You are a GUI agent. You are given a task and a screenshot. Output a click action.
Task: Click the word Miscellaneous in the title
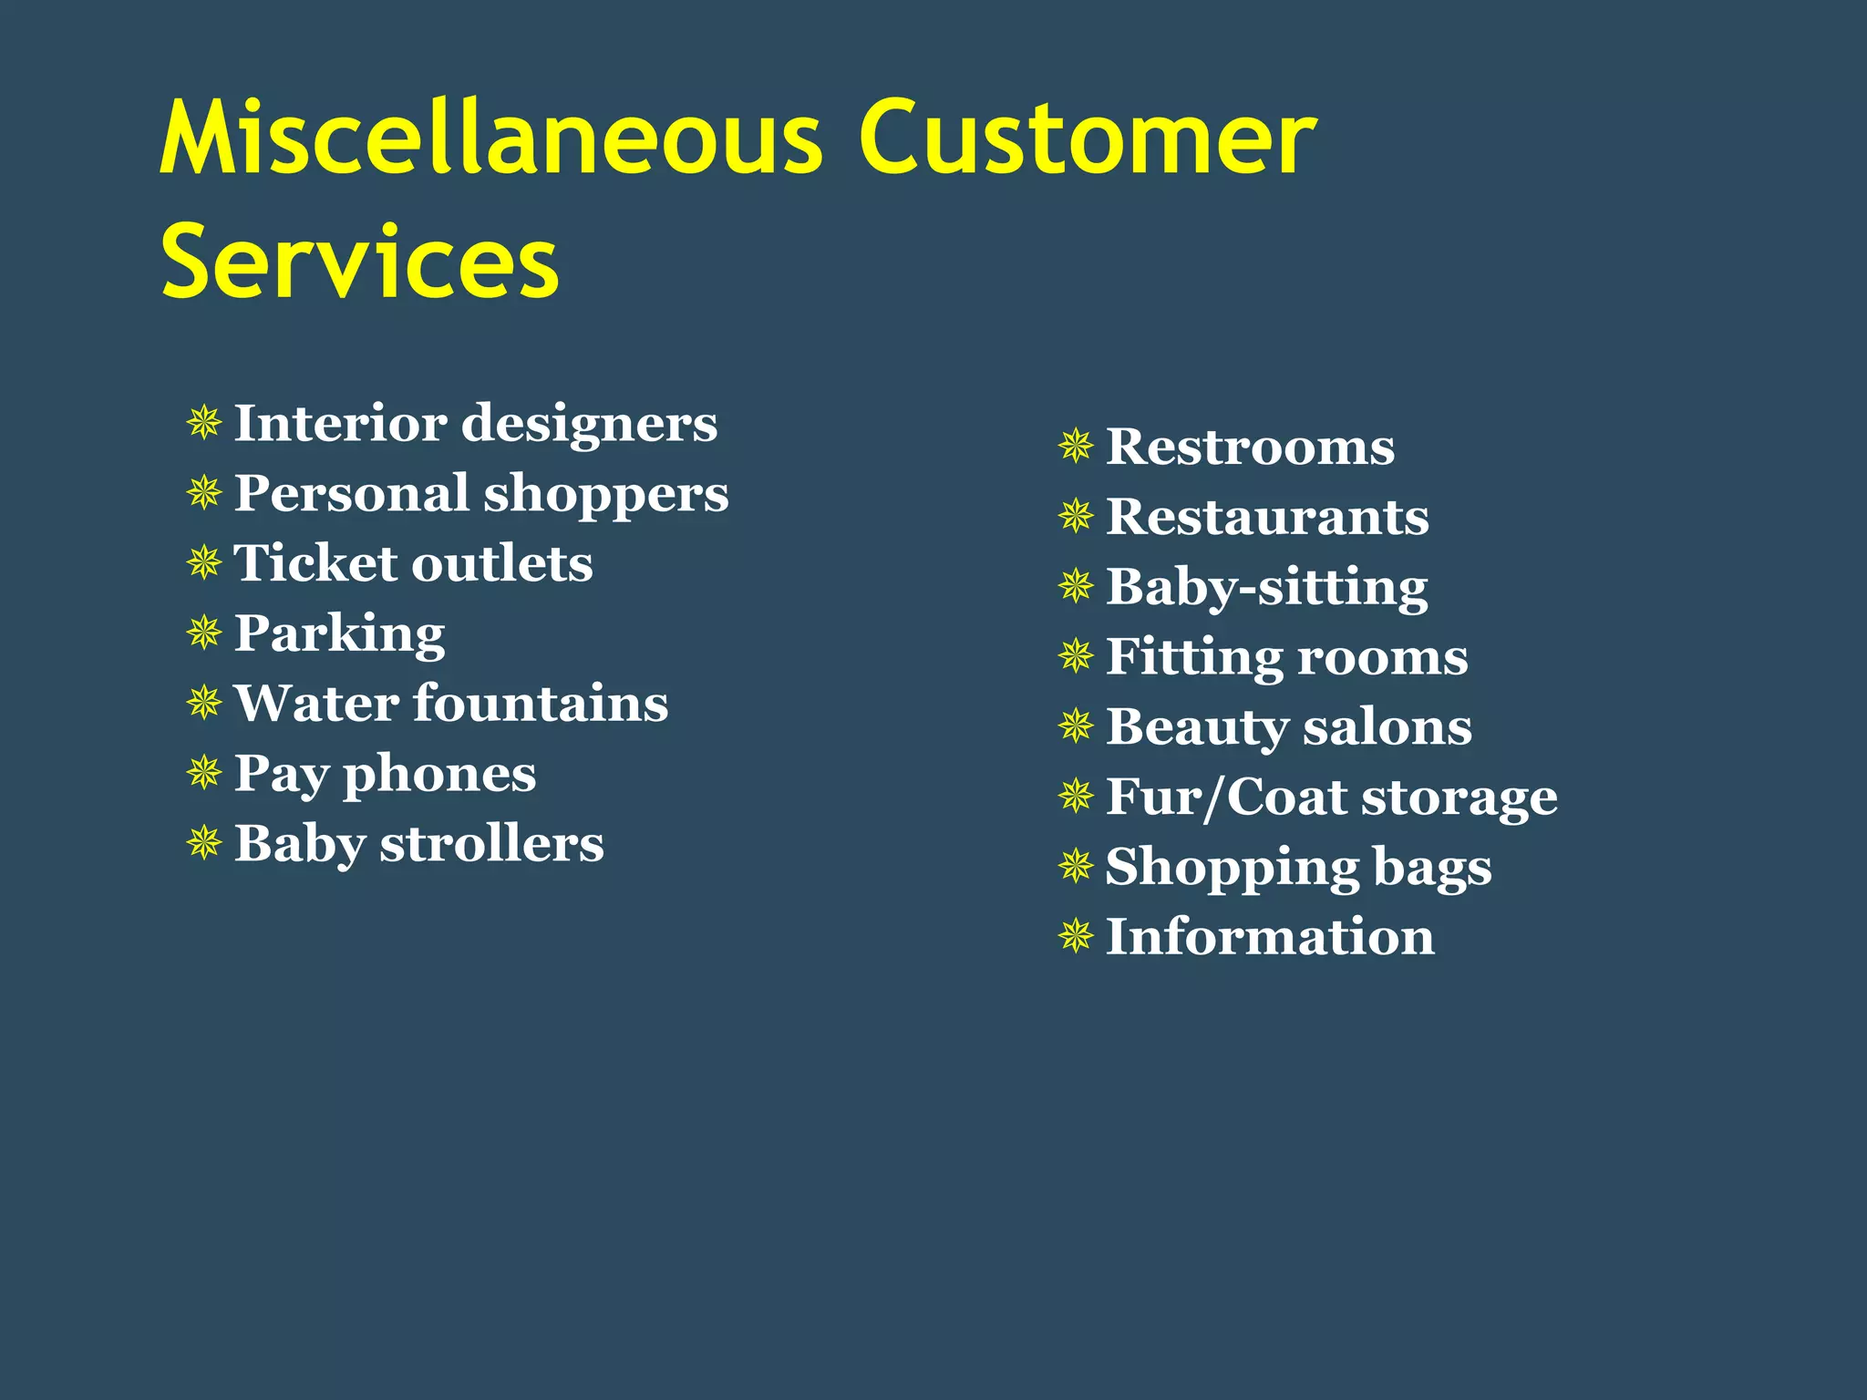point(492,139)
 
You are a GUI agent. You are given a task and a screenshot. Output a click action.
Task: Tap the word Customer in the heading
point(1087,139)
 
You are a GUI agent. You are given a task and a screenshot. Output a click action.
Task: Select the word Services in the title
point(359,262)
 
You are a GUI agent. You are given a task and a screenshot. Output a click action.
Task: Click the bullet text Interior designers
point(475,424)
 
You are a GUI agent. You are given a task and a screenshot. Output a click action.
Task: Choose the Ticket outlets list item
point(413,563)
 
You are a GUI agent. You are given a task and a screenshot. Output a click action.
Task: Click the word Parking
point(339,633)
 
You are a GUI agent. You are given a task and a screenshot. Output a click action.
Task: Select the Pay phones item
point(385,774)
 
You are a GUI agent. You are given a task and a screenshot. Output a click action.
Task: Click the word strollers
point(491,844)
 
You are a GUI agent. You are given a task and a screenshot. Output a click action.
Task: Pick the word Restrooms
point(1250,447)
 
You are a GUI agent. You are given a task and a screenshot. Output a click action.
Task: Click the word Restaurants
point(1267,517)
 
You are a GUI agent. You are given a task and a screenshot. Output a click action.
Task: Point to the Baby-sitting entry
point(1266,587)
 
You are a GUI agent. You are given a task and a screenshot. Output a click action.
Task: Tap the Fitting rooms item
point(1286,656)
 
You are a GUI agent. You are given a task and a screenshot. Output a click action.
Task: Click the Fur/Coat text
point(1226,797)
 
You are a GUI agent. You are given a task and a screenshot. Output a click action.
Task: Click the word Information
point(1270,937)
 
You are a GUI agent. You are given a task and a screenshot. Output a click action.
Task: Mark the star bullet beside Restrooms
point(1076,447)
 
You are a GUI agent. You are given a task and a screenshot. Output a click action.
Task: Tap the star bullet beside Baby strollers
point(204,843)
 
